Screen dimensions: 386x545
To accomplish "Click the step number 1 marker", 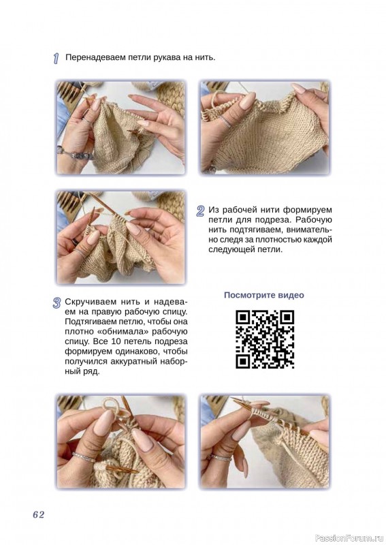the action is point(56,59).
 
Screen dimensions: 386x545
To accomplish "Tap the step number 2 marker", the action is point(200,211).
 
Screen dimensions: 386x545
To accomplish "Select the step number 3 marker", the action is point(57,302).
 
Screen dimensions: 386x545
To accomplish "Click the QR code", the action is point(265,339).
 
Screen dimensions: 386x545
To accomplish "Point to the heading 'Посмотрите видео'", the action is point(263,295).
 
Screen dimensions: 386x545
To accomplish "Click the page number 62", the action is point(39,515).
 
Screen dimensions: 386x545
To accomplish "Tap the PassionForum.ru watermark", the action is point(349,538).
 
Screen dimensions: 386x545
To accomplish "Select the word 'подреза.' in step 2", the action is point(277,219).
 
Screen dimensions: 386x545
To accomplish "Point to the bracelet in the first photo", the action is point(76,154).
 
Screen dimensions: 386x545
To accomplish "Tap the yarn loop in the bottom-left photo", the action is point(112,405).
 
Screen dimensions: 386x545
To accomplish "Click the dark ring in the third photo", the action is point(76,242).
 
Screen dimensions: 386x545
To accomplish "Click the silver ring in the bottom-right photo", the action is point(220,457).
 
